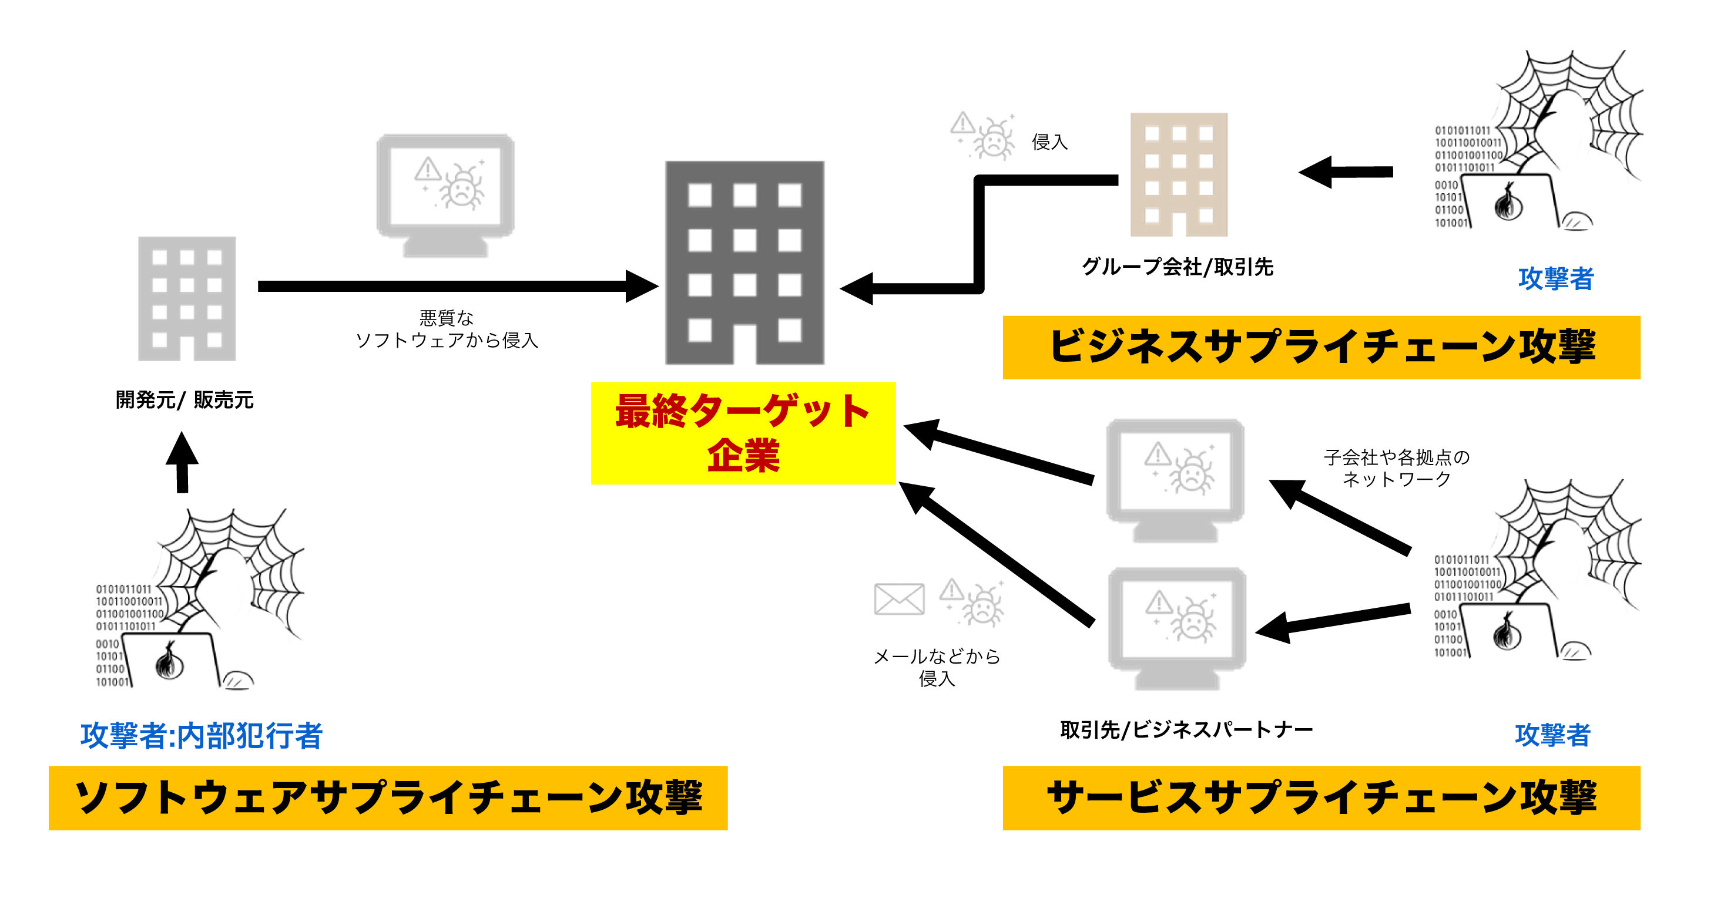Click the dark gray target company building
tap(744, 262)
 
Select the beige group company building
tap(1178, 174)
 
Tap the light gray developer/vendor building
tap(187, 299)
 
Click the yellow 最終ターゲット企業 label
tap(743, 433)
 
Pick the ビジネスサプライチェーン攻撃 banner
tap(1321, 347)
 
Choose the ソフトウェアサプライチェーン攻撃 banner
tap(388, 797)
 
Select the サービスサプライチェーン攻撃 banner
tap(1321, 797)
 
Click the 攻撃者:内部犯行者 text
tap(202, 736)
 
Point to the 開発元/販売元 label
tap(185, 400)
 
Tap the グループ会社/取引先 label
tap(1177, 267)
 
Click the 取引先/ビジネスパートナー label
tap(1186, 730)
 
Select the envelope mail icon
tap(899, 600)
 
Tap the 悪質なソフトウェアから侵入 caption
tap(447, 329)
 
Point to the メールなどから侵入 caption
tap(936, 667)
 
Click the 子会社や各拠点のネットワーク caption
tap(1396, 467)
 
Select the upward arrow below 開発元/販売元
tap(182, 463)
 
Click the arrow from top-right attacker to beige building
tap(1346, 172)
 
